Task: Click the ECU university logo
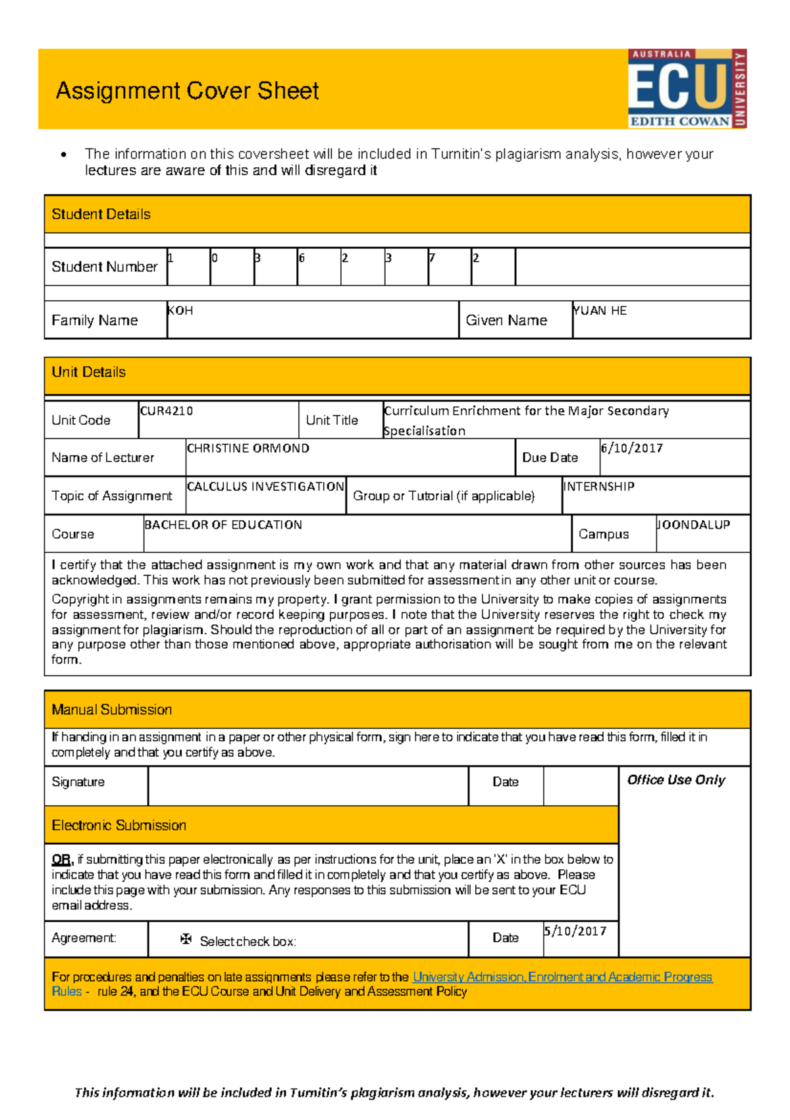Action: click(687, 88)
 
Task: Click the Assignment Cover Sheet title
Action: click(187, 91)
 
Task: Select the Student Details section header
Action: click(101, 214)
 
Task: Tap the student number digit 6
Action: click(302, 258)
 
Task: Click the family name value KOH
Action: click(180, 311)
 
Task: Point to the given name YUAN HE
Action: click(600, 311)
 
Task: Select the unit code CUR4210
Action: click(167, 411)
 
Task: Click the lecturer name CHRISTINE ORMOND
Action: click(248, 448)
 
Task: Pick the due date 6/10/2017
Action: click(631, 448)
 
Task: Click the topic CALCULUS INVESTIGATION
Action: click(265, 487)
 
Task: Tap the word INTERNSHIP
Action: click(598, 487)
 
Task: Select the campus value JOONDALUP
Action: click(693, 525)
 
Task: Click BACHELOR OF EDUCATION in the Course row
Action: click(223, 525)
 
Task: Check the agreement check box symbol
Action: click(186, 939)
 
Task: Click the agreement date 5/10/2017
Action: click(575, 931)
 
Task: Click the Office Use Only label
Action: click(675, 780)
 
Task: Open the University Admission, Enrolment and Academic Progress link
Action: click(562, 977)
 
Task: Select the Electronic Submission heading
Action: click(118, 825)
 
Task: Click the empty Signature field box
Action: click(308, 786)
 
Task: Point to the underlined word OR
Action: click(61, 859)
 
